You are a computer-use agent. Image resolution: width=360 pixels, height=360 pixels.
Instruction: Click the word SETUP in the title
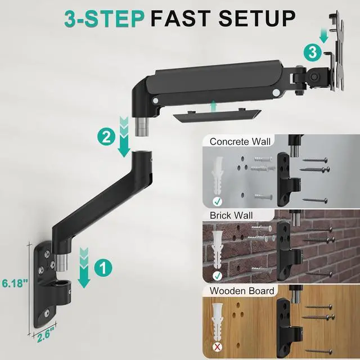(x=256, y=19)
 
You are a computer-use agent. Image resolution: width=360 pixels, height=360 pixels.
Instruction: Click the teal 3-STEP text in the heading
(x=105, y=19)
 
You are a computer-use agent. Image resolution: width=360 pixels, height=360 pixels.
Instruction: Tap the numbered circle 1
(x=103, y=268)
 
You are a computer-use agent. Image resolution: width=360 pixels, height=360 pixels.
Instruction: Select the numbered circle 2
(x=106, y=137)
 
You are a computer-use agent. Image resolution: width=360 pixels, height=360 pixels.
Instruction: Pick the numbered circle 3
(x=313, y=52)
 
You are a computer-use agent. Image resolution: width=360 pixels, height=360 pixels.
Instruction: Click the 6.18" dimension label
(x=15, y=283)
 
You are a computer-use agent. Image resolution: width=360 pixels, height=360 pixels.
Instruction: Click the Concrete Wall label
(x=240, y=141)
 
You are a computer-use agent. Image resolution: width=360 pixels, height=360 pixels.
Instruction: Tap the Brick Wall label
(x=231, y=215)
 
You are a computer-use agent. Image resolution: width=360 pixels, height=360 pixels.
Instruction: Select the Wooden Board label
(x=242, y=291)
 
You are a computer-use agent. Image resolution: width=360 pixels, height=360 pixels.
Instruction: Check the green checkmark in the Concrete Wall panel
(x=217, y=201)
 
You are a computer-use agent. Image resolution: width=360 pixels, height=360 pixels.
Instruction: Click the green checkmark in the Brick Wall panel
(x=217, y=276)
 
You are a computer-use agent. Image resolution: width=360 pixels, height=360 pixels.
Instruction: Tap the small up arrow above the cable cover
(x=214, y=106)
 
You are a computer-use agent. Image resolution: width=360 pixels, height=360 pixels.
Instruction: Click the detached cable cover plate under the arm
(x=217, y=115)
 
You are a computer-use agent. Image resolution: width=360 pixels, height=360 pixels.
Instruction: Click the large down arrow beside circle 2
(x=124, y=137)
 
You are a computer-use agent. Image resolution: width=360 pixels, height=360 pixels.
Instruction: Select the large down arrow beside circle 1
(x=84, y=268)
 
